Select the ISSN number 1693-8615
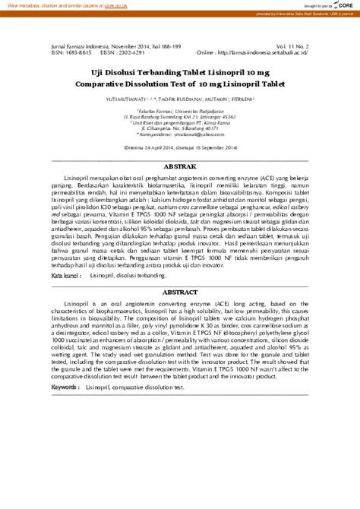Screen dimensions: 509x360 tap(77, 52)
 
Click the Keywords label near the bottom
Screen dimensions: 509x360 tap(65, 387)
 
